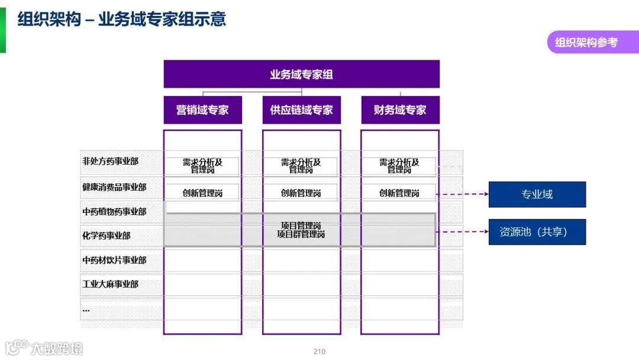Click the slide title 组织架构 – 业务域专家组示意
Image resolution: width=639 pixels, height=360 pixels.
122,20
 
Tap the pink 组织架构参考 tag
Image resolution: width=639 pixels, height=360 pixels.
586,43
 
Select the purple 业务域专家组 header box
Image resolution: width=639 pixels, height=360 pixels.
301,75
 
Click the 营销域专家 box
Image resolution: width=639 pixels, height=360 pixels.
202,110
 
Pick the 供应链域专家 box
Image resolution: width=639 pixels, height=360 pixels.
301,110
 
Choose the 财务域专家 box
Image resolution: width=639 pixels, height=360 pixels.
400,110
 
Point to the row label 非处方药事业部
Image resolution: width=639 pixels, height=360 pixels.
111,161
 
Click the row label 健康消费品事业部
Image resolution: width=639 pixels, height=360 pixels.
114,187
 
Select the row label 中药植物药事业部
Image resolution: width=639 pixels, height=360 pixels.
114,211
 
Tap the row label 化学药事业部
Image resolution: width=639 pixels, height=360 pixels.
106,236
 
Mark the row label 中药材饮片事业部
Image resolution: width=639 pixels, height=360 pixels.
114,260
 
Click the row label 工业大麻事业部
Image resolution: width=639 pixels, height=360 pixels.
111,284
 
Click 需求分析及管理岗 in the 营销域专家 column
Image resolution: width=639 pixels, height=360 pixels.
202,166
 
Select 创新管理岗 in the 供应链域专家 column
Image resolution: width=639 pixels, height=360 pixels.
301,193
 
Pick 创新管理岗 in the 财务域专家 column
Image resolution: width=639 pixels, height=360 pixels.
399,193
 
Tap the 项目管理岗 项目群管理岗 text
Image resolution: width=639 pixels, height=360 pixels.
301,230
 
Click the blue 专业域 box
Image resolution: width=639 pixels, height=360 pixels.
537,194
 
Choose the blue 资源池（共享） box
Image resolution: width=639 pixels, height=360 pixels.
537,232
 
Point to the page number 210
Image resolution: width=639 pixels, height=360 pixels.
319,351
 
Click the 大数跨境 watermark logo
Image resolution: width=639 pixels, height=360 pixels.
44,348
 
